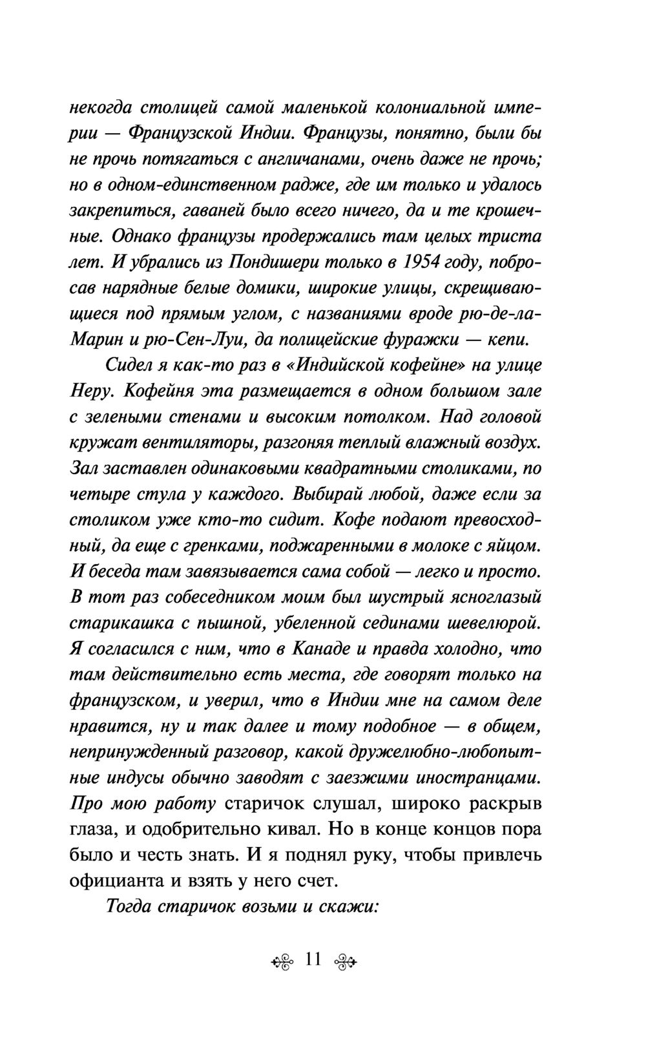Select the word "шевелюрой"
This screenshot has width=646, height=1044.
coord(494,623)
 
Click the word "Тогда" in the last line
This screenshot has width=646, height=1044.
coord(127,907)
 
